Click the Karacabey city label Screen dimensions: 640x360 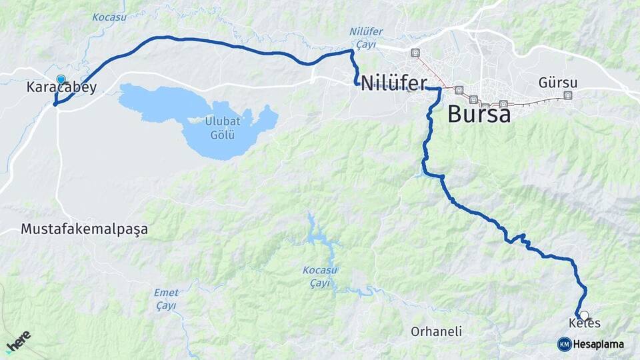[62, 87]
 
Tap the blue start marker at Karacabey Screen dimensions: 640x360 [61, 80]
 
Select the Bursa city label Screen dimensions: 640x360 [479, 113]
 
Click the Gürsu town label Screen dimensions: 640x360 [558, 83]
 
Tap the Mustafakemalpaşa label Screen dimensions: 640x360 [84, 229]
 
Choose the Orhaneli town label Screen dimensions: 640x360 [437, 331]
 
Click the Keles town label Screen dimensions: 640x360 [585, 324]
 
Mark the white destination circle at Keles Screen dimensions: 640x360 [584, 315]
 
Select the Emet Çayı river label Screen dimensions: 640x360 [166, 299]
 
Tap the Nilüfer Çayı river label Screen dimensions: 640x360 [363, 37]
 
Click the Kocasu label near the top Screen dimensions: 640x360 [109, 17]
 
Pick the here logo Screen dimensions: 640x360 [19, 341]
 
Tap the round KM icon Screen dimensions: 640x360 [564, 344]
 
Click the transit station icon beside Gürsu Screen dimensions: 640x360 [568, 95]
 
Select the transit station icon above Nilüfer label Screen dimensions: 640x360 [415, 53]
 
